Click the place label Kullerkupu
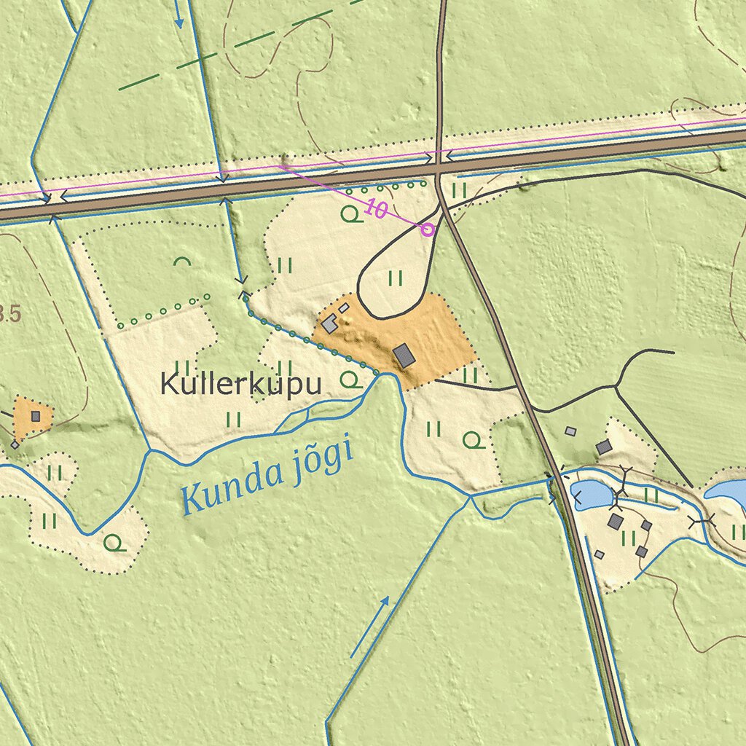coord(240,384)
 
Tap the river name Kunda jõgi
coord(267,474)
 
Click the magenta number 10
coord(376,210)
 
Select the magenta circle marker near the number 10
coord(428,229)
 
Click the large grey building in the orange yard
coord(404,356)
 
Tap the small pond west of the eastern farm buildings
coord(592,495)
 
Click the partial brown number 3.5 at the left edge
coord(9,315)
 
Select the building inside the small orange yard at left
coord(35,417)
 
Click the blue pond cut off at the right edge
coord(729,492)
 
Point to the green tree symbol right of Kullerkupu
coord(351,379)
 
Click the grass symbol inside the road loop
coord(396,278)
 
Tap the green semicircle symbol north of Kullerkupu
coord(181,260)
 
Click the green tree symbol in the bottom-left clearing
coord(113,542)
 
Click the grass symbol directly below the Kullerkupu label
coord(234,419)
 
